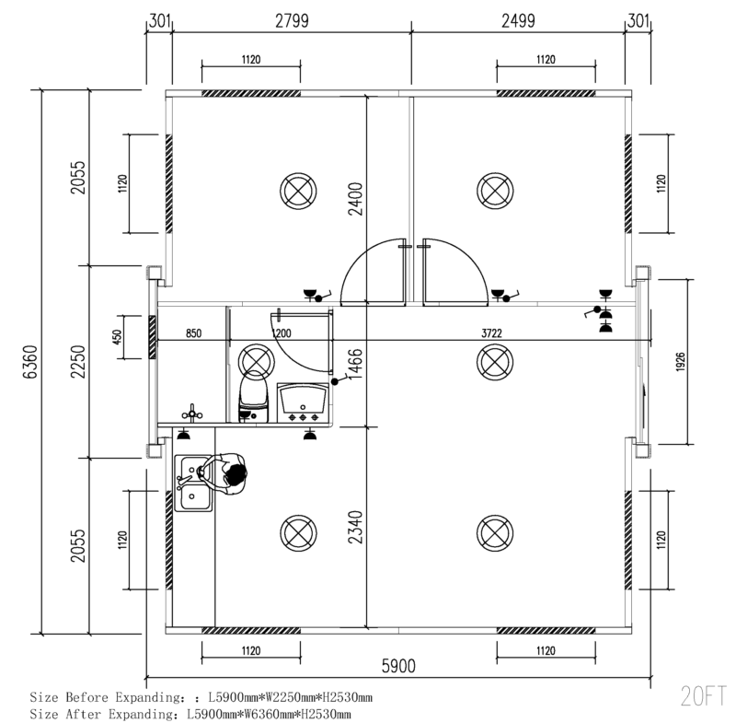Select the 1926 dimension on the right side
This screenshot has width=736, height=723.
click(x=681, y=362)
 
